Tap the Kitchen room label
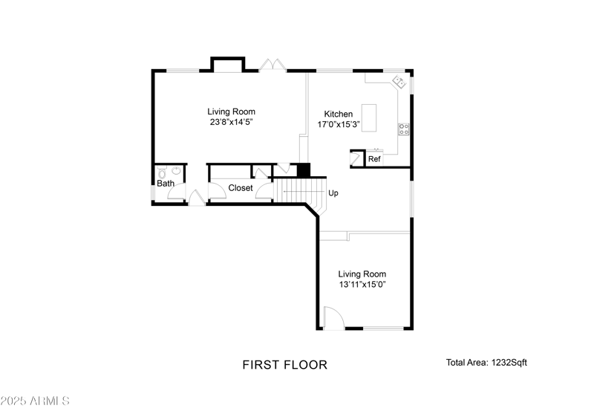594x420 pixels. (338, 114)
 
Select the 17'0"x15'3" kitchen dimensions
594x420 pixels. (338, 125)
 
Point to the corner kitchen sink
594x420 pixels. (398, 81)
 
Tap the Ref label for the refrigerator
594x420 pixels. (374, 159)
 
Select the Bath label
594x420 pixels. (165, 183)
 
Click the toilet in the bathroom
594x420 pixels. (162, 172)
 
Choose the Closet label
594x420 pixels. (240, 188)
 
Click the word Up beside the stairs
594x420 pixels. (333, 193)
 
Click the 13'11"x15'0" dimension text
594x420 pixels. (362, 285)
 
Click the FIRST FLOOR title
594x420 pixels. (284, 365)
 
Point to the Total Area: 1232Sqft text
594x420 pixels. (486, 363)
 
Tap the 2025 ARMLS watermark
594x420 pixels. (35, 401)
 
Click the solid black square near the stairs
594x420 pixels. (303, 170)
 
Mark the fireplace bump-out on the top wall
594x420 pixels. (227, 64)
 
